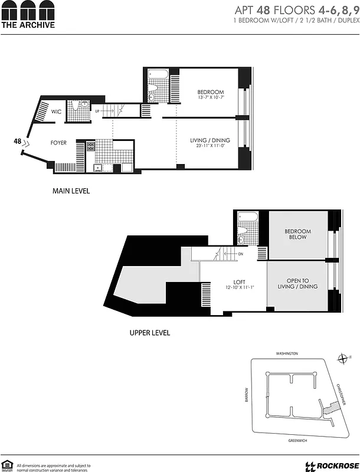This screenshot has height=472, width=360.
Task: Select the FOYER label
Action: [x=58, y=143]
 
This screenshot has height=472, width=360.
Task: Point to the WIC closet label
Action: [x=57, y=112]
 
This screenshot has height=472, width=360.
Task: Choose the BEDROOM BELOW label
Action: [x=297, y=235]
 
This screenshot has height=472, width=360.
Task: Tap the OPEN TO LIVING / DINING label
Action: [x=297, y=283]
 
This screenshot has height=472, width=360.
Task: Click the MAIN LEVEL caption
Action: [x=71, y=191]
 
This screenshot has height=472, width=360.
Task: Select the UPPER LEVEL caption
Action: [x=150, y=333]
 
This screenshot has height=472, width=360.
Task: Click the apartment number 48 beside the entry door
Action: [x=18, y=141]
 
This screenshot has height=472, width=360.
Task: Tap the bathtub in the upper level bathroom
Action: [x=246, y=217]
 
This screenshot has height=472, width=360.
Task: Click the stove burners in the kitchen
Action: [x=91, y=146]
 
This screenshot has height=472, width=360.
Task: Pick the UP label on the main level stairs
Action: [x=97, y=110]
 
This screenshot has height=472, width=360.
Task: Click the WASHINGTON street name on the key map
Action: [x=287, y=353]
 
